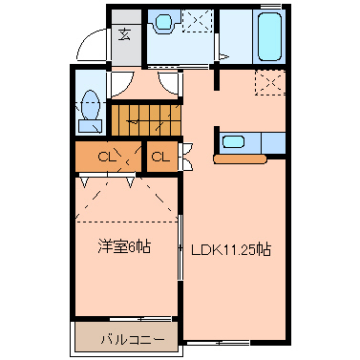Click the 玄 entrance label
[x=125, y=35]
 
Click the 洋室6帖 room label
[x=123, y=247]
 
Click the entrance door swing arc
[x=90, y=43]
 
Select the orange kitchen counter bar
[x=244, y=159]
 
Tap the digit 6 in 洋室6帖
[x=133, y=247]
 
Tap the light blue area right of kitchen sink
[x=272, y=143]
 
